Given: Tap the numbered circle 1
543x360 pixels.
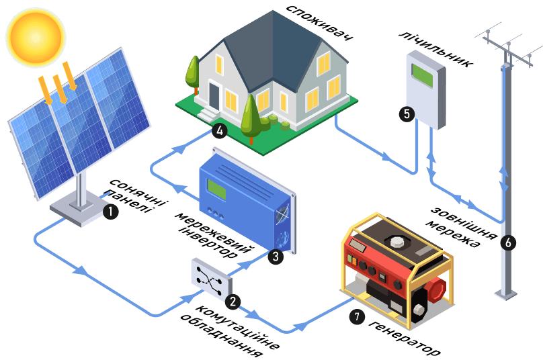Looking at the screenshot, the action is (x=110, y=211).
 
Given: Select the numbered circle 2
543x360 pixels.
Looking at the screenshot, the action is (x=233, y=302).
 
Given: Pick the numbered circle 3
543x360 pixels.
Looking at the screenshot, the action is (x=276, y=257).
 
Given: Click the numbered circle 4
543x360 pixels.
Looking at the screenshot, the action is (x=220, y=131).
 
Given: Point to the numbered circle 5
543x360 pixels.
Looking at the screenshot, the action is (x=407, y=114).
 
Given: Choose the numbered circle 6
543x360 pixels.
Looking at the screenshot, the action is (x=508, y=242).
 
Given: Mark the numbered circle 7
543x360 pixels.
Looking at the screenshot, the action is (x=357, y=316).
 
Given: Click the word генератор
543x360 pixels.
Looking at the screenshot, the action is (x=404, y=338).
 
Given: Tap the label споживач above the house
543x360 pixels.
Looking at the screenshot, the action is (x=320, y=23).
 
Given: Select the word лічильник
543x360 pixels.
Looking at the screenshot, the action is (x=436, y=49).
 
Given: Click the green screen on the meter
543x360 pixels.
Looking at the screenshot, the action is (x=422, y=75).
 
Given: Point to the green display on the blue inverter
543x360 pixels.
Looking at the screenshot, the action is (x=216, y=189).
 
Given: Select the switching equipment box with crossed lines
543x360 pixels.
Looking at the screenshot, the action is (x=212, y=279).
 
